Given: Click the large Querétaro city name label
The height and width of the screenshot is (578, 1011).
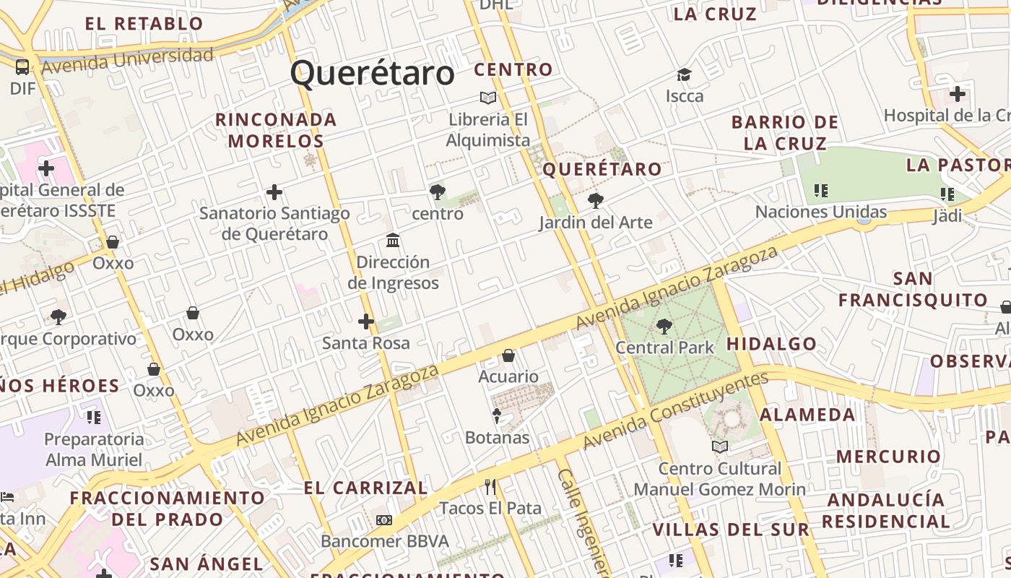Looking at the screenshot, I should pos(373,74).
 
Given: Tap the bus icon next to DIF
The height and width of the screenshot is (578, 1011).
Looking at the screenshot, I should pos(22,67).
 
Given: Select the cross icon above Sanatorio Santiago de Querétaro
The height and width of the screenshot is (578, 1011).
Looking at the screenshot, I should pos(274,192).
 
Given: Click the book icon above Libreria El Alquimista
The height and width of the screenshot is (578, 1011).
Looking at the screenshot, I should pos(488,98).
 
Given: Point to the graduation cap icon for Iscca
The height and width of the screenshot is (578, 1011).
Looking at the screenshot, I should pos(684,74).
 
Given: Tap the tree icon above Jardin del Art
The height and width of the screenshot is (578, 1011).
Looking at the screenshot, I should pos(595,201).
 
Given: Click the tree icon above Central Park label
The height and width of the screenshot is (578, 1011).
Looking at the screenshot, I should pos(664,327).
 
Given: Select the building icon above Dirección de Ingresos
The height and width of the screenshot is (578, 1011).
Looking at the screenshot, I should pos(393,240).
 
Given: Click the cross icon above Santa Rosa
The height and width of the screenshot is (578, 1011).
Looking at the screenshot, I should pos(366,322).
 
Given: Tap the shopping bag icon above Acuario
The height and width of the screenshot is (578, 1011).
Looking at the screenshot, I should pos(508,355).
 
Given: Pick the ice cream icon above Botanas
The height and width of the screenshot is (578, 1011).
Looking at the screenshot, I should pos(497,415).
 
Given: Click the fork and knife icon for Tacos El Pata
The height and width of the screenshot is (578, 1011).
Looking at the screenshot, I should pos(490,486).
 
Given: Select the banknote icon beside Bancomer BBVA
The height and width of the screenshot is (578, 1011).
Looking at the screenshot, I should pos(384,520).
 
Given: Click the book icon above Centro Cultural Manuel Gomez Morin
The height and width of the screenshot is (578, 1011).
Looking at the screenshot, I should pos(719,447).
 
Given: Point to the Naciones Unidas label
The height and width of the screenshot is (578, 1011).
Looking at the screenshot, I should pos(821,212).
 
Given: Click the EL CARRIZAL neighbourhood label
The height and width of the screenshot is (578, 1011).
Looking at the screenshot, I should pos(366,488).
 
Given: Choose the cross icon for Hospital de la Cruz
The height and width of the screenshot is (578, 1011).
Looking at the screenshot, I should pos(958,94).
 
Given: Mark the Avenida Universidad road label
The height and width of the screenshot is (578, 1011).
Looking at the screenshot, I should pos(128,61).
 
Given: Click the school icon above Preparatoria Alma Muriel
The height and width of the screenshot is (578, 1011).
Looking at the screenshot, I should pos(93,418).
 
